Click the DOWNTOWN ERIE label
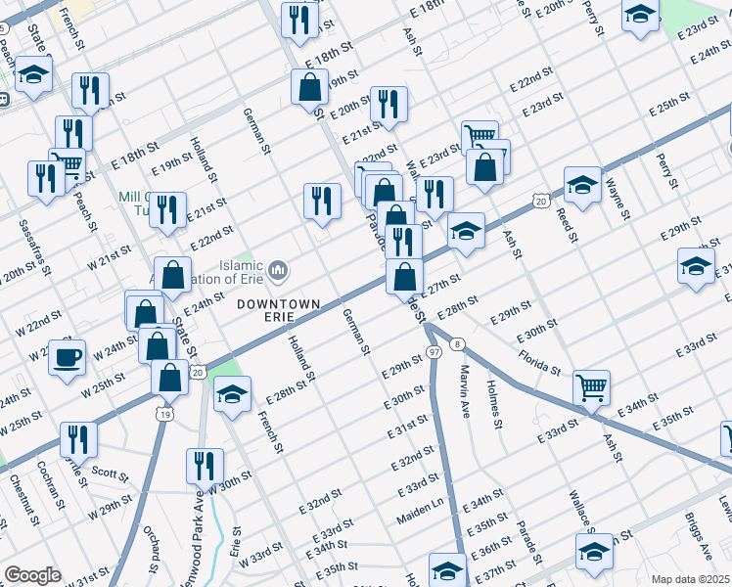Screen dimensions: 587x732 pos(279,304)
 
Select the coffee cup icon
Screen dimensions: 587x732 pos(67,357)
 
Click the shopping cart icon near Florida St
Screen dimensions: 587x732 pos(591,387)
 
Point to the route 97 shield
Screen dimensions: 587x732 pos(433,350)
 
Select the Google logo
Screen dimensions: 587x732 pos(32,575)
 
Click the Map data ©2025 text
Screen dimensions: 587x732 pos(691,579)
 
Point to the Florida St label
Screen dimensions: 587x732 pos(539,363)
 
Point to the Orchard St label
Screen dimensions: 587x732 pos(152,550)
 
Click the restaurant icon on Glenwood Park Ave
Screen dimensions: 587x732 pos(205,465)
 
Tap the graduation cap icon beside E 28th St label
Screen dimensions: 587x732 pos(232,393)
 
